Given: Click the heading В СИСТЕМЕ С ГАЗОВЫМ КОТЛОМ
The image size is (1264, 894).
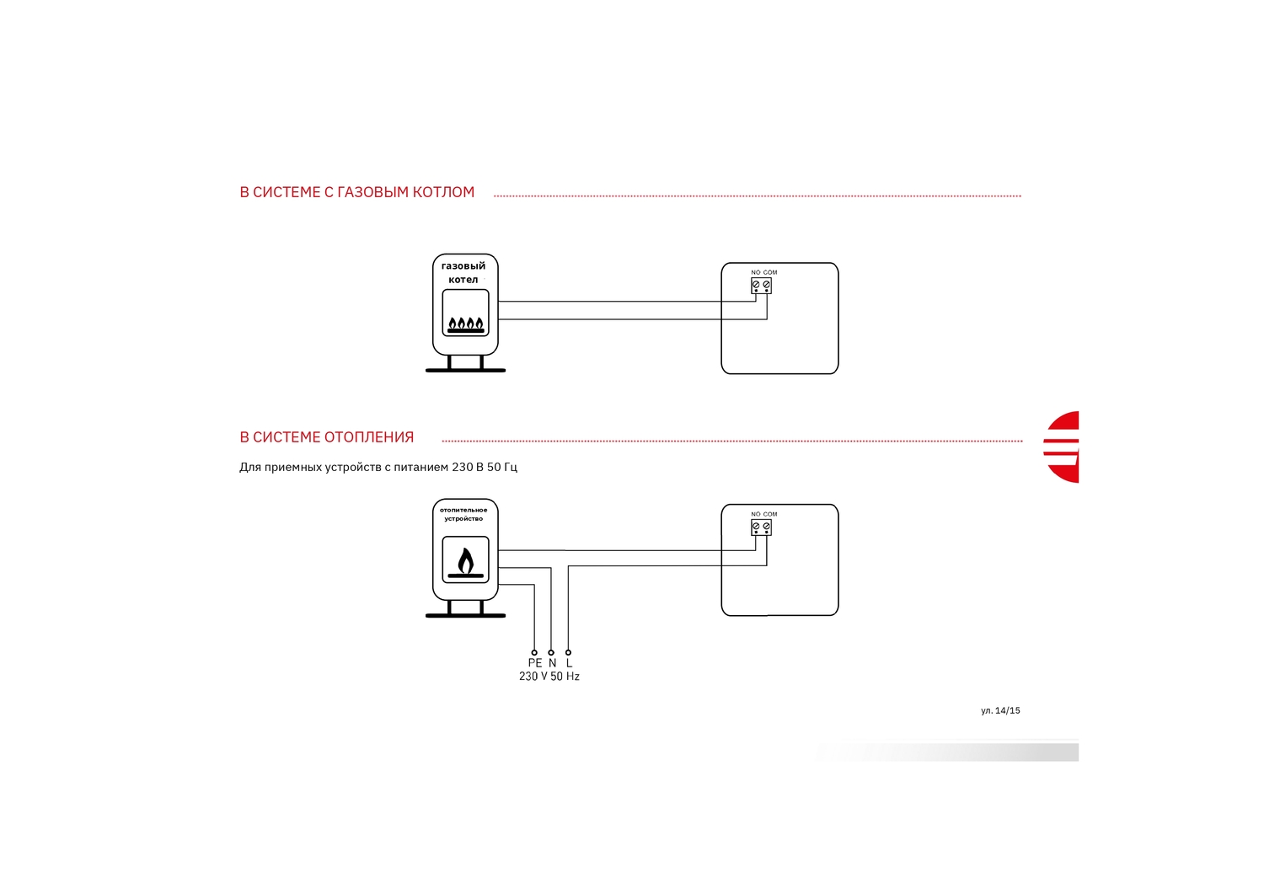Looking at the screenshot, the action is click(x=357, y=192).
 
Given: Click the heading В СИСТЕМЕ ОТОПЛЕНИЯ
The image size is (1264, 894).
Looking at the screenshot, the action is click(x=327, y=437).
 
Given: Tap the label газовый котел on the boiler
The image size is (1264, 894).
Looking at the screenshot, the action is click(x=463, y=273).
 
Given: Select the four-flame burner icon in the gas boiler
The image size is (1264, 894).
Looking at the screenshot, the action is click(x=465, y=324).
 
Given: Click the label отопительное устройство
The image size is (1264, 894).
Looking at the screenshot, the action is click(x=463, y=514).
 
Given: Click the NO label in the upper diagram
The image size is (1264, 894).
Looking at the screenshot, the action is click(x=756, y=273).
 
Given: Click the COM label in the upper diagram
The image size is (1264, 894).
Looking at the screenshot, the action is click(x=770, y=273).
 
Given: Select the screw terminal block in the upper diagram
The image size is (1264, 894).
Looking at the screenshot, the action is click(x=761, y=286).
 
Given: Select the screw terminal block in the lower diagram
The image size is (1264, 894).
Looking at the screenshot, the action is click(x=761, y=527).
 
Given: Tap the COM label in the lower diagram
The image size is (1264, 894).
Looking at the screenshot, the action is click(x=770, y=514).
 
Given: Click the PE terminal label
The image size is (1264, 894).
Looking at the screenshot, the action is click(x=535, y=663).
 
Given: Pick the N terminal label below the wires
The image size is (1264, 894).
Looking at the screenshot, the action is click(x=553, y=663).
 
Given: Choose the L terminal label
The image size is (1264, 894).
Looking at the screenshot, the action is click(x=569, y=663).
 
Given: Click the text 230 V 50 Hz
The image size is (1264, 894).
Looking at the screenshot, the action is click(x=549, y=676).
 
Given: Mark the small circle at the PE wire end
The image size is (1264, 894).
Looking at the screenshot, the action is click(x=534, y=652).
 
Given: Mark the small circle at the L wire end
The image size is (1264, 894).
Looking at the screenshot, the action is click(x=568, y=652).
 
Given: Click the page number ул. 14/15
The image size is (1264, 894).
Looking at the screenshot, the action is click(x=1000, y=710).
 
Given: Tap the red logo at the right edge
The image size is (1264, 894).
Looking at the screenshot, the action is click(x=1062, y=447).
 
